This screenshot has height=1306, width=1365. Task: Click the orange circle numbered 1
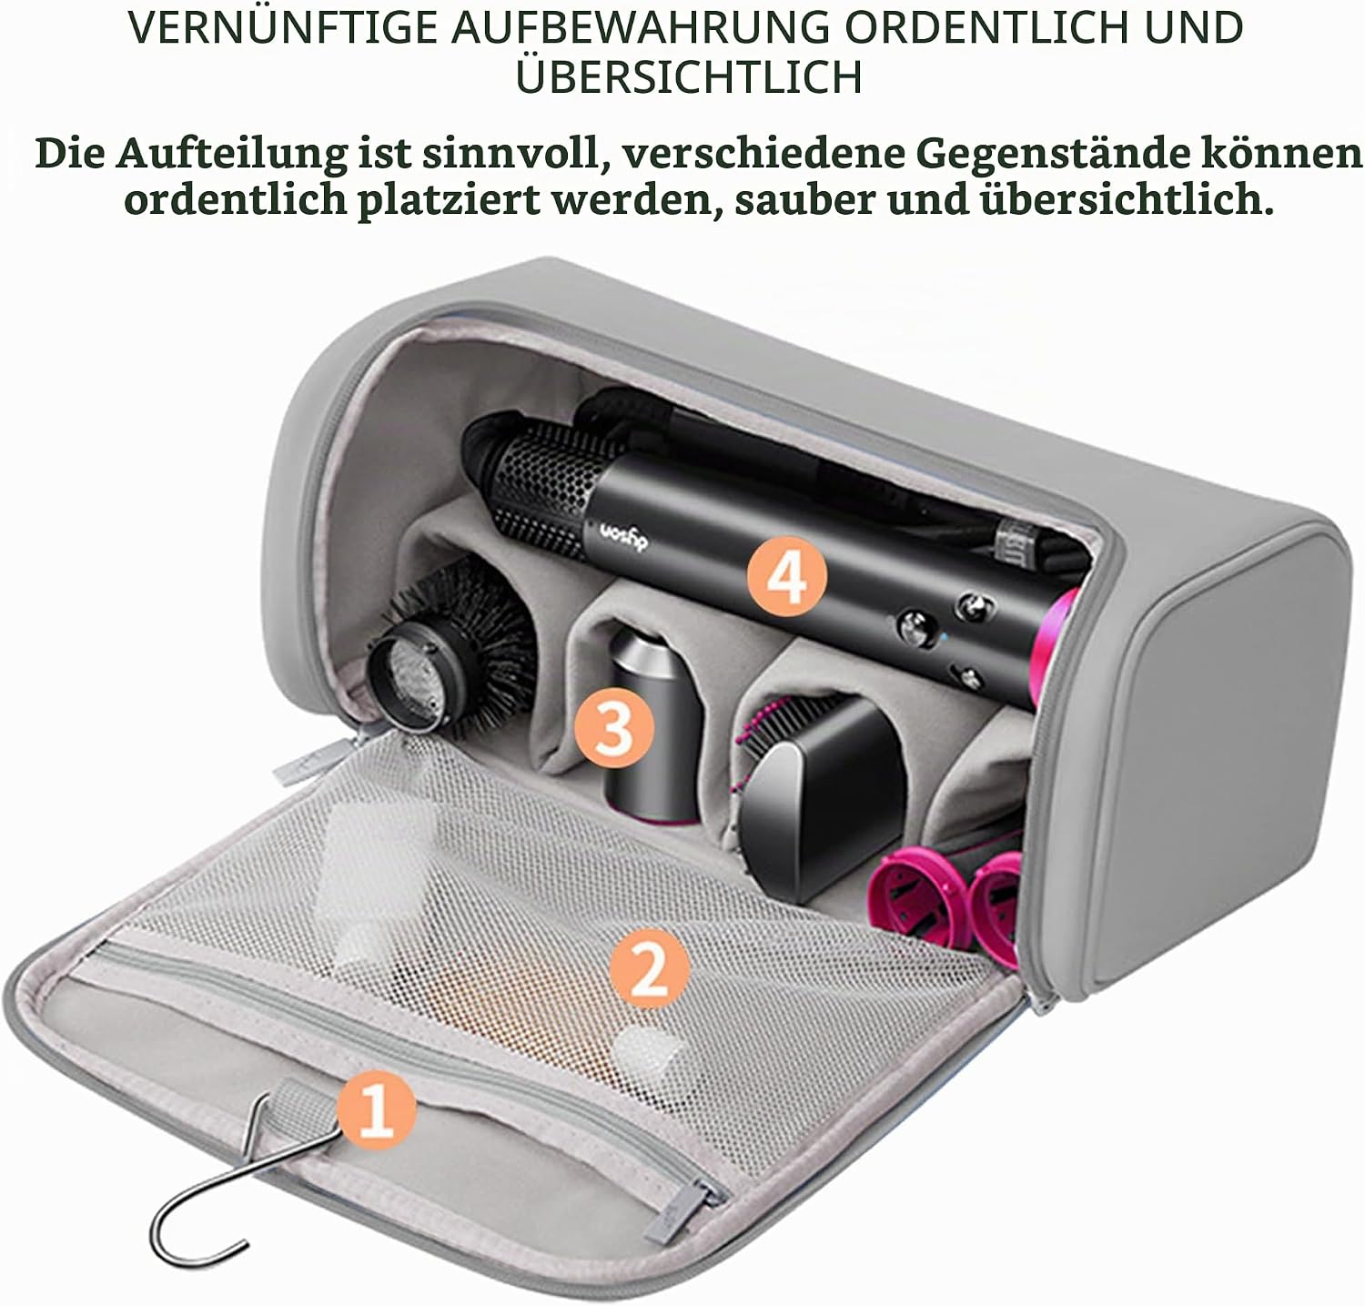(x=376, y=1110)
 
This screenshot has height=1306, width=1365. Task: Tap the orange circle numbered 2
(x=649, y=968)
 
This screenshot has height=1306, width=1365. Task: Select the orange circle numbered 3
(x=614, y=727)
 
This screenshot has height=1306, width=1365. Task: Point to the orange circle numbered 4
(x=787, y=575)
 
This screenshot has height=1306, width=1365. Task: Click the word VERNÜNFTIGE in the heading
(x=283, y=28)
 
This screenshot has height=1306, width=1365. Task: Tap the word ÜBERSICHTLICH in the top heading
(x=689, y=76)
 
